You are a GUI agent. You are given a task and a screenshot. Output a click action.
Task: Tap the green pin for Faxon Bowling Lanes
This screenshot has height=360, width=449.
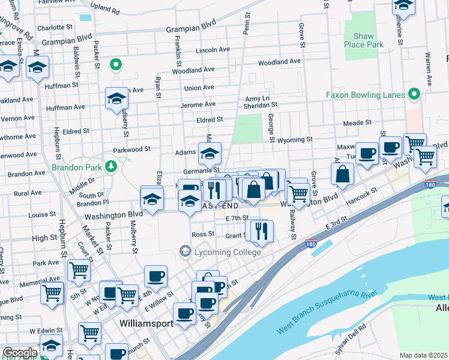(412, 94)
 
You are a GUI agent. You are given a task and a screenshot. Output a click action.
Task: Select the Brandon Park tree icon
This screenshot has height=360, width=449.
(110, 166)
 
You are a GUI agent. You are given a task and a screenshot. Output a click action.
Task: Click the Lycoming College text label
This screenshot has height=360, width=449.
(228, 253)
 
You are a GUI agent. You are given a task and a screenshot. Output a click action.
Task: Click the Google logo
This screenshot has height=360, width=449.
(19, 353)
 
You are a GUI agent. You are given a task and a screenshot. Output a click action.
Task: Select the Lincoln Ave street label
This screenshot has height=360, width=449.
(213, 50)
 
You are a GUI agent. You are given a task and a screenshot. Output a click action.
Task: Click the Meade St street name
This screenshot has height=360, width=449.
(357, 123)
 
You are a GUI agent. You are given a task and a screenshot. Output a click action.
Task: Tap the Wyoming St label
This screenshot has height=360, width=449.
(295, 140)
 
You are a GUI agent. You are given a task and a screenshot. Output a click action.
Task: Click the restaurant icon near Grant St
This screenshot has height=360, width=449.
(261, 230)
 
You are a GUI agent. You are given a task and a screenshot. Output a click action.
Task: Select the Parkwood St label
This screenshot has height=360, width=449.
(131, 149)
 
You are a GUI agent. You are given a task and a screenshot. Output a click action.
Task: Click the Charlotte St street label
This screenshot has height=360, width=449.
(54, 28)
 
